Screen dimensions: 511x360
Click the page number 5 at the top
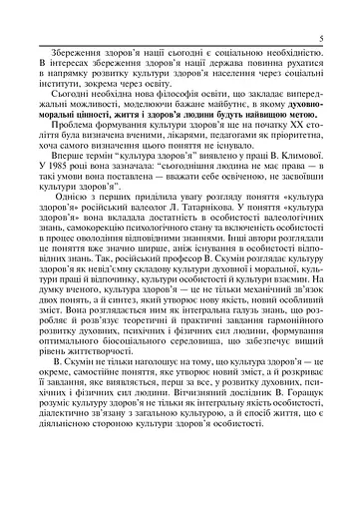point(339,39)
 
